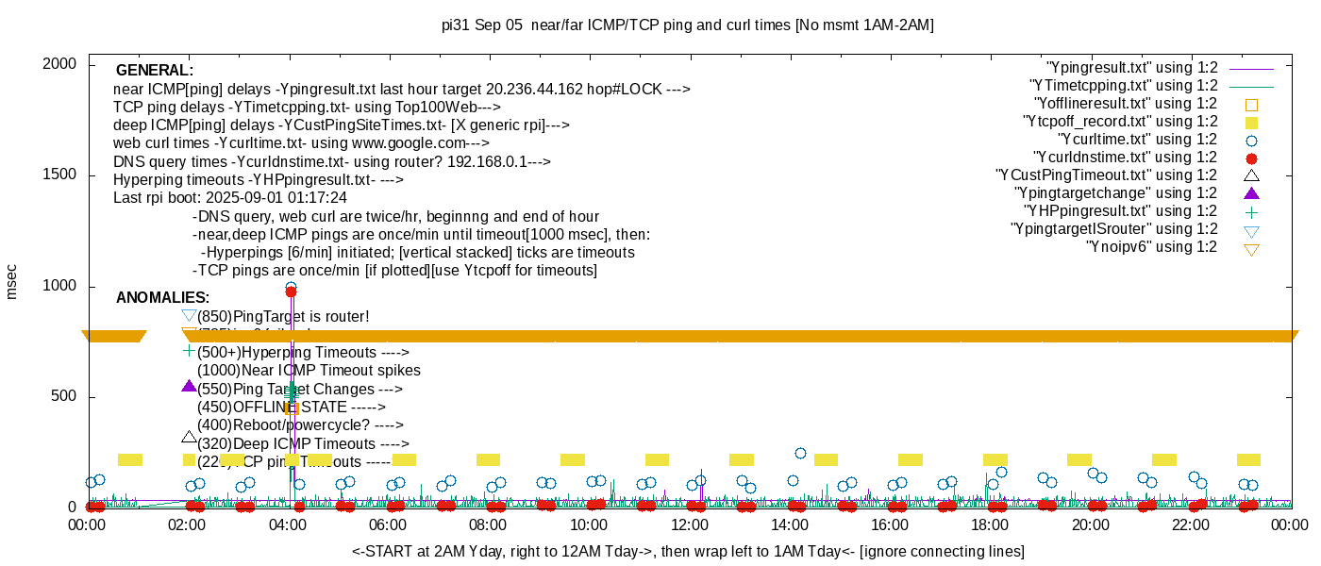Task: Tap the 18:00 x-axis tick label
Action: [x=990, y=525]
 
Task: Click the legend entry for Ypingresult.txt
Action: [x=1132, y=68]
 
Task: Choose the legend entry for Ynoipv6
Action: [x=1151, y=247]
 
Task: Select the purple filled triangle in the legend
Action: [x=1252, y=193]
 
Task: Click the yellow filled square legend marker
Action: [x=1252, y=123]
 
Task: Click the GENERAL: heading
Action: [x=154, y=71]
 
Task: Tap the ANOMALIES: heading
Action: [x=162, y=298]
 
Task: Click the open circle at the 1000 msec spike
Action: [x=291, y=287]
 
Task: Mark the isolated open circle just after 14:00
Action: [x=800, y=453]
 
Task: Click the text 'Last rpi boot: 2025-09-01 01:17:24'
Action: [x=229, y=198]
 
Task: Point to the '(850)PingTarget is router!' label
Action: [x=283, y=316]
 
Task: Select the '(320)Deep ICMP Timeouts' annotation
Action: [x=302, y=443]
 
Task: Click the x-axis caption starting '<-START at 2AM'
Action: [x=688, y=551]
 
